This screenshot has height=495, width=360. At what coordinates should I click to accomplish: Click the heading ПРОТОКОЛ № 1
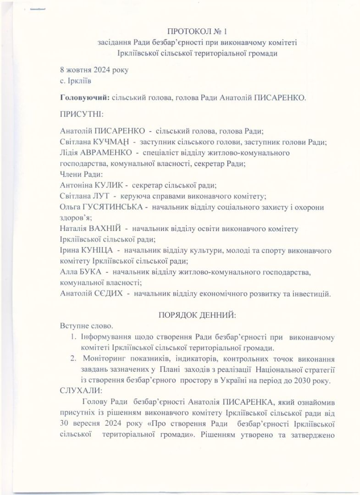[x=197, y=32]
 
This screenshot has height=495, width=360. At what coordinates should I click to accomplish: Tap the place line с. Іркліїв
[x=76, y=81]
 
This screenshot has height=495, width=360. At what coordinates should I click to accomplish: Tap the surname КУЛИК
[x=107, y=186]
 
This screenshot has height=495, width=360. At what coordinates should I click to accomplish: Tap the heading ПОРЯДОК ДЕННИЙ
[x=197, y=316]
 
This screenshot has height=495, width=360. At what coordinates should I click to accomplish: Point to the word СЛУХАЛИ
[x=81, y=391]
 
